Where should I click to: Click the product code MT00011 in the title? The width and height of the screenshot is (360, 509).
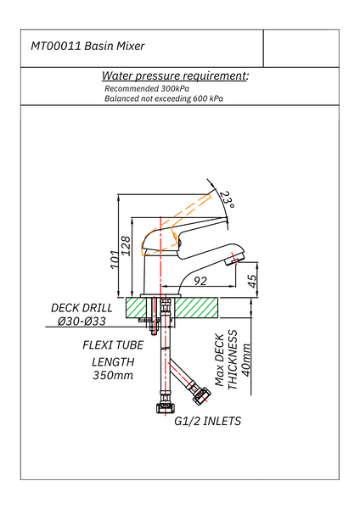point(55,46)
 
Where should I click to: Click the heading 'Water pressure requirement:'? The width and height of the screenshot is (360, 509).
point(175,76)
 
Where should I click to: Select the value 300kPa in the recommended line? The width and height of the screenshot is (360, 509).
point(175,88)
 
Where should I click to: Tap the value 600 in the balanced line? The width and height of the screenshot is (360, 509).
point(200,98)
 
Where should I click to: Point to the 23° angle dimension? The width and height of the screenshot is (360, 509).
point(227,199)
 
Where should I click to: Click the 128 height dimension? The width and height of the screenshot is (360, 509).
point(126,246)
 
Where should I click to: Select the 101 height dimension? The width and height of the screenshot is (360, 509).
point(115,260)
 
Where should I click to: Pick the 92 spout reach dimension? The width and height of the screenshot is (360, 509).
point(200,281)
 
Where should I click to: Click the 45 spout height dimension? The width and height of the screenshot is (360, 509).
point(252,281)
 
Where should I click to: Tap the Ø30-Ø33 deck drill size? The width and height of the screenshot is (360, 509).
point(82,322)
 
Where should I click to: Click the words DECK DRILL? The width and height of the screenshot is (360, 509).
point(82,308)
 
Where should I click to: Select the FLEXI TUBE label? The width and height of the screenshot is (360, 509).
point(113,345)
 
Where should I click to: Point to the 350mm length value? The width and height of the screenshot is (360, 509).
point(113,375)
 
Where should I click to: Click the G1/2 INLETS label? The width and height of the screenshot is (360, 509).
point(208,421)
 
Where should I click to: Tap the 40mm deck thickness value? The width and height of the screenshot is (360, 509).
point(246,360)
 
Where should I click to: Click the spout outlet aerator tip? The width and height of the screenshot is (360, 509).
point(234,259)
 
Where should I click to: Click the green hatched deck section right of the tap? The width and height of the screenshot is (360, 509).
point(196,308)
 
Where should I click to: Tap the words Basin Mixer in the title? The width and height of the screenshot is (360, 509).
point(115,46)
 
